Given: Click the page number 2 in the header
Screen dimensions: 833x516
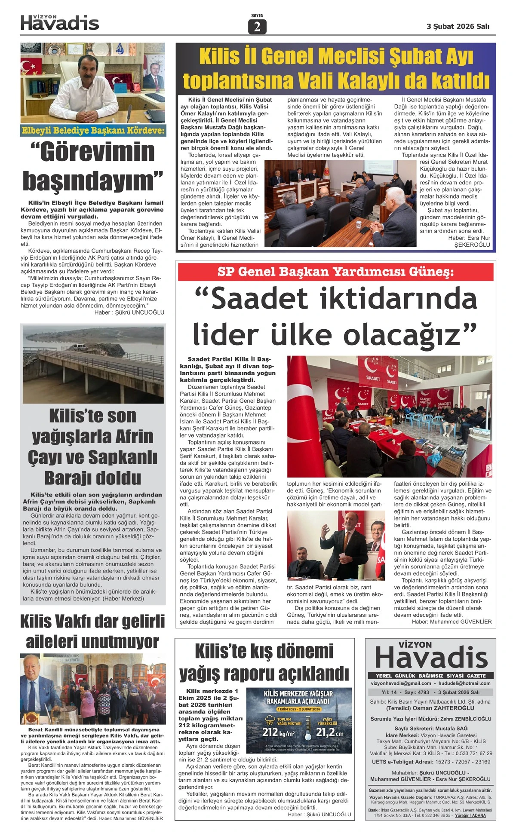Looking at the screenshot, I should (x=257, y=27).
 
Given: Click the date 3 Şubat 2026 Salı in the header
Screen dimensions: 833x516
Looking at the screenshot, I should (x=458, y=26).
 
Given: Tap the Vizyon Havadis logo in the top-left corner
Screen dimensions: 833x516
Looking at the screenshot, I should (x=60, y=23).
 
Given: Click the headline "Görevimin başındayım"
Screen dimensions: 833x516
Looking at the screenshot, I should (x=93, y=166).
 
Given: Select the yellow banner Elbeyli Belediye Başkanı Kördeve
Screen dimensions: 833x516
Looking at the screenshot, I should (x=93, y=131).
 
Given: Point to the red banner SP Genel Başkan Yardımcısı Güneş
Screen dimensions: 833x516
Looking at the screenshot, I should (x=335, y=272).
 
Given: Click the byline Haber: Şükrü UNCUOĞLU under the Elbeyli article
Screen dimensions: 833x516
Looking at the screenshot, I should (x=129, y=312).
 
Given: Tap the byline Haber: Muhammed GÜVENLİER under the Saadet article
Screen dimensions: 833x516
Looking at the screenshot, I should (x=451, y=622).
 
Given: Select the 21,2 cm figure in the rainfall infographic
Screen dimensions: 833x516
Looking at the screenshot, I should (x=330, y=732).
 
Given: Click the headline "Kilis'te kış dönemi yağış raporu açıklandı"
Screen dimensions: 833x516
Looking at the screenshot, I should (x=264, y=662).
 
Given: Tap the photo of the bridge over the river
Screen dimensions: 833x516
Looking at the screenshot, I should (x=93, y=364).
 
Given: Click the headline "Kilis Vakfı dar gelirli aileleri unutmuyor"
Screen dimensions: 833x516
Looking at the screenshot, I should (x=93, y=631).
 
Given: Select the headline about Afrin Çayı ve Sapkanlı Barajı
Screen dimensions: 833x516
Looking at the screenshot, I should (x=93, y=447).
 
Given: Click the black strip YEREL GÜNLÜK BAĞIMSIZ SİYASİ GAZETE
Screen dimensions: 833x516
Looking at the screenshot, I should (x=430, y=676).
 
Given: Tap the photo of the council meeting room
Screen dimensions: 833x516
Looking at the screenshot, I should (x=340, y=203).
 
